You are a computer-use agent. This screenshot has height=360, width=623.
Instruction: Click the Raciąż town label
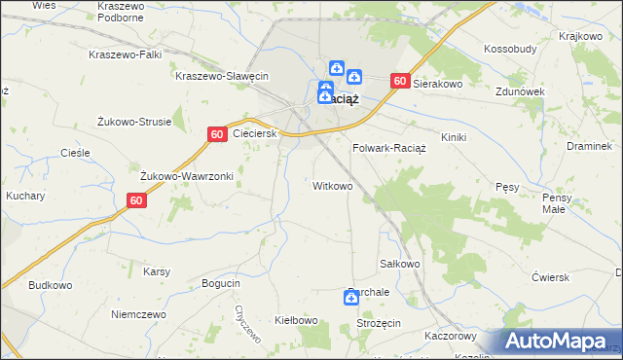345,98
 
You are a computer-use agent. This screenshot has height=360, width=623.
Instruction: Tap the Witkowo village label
333,185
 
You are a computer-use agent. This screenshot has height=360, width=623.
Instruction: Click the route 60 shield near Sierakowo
399,82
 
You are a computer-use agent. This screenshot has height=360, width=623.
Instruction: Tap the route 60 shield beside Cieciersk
217,133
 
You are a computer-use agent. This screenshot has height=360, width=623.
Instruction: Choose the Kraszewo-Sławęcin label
221,76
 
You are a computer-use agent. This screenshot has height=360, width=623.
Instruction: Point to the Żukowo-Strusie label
134,122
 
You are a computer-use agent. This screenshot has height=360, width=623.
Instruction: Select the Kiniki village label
455,137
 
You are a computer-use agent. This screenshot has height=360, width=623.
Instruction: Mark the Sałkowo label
398,264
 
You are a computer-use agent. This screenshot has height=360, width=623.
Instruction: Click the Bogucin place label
220,282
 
